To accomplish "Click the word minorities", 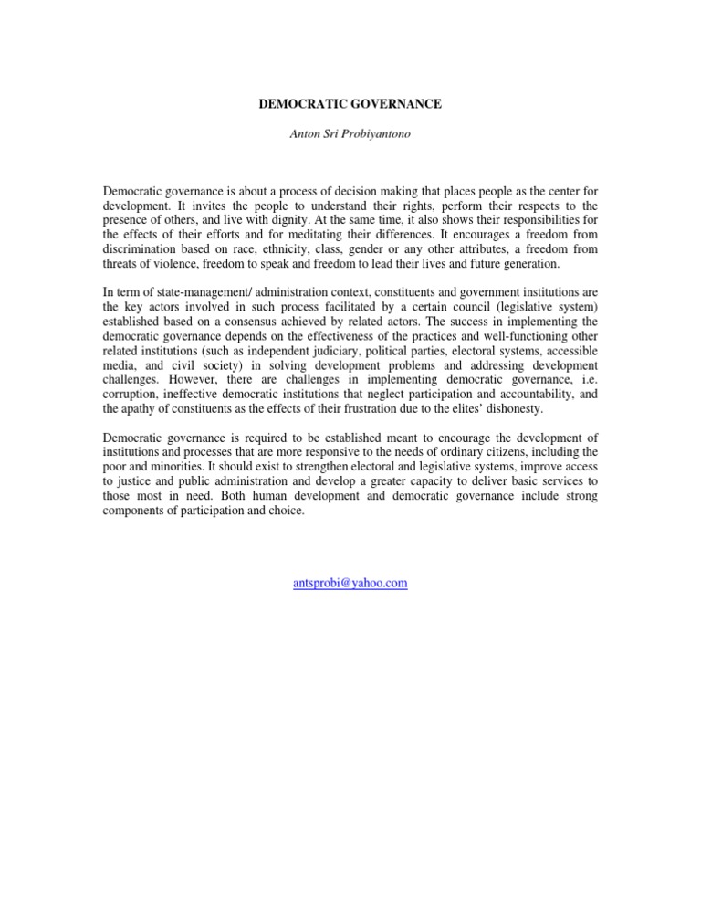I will (x=183, y=467).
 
